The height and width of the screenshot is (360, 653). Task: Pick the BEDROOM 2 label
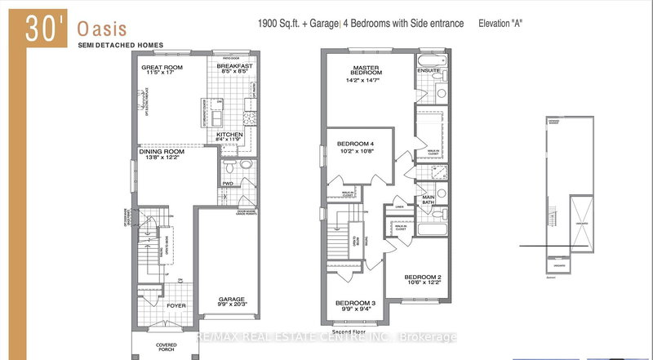tap(423, 278)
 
